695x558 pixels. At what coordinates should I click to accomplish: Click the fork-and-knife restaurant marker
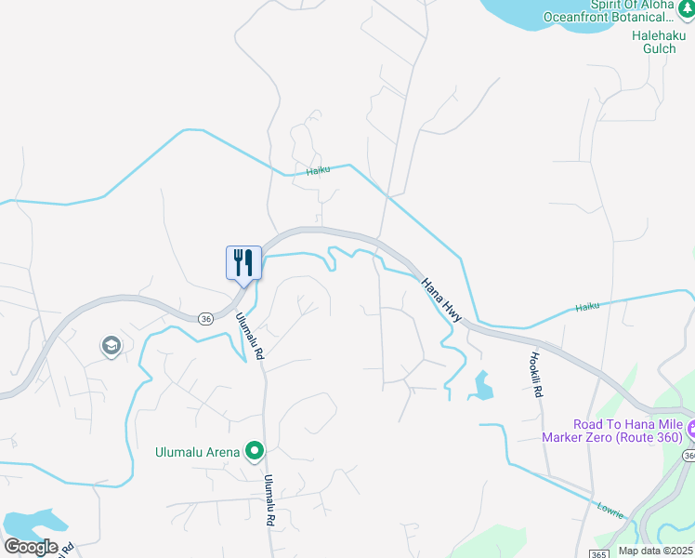(x=243, y=263)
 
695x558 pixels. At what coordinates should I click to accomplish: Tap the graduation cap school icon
(x=111, y=347)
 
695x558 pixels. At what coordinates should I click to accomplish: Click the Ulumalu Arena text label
(x=197, y=453)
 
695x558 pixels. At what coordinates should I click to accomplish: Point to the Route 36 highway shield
(x=205, y=318)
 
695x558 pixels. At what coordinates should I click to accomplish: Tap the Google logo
(x=32, y=547)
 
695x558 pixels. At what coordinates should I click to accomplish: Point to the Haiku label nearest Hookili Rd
(x=588, y=307)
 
